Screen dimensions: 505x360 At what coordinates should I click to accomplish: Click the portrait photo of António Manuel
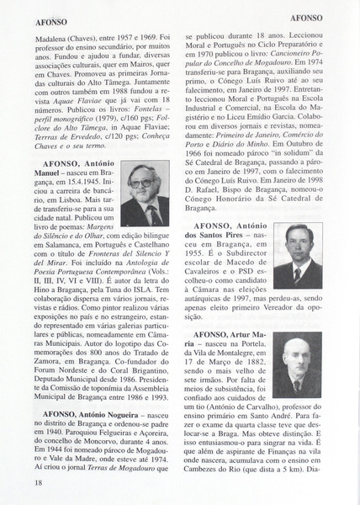[146, 195]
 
